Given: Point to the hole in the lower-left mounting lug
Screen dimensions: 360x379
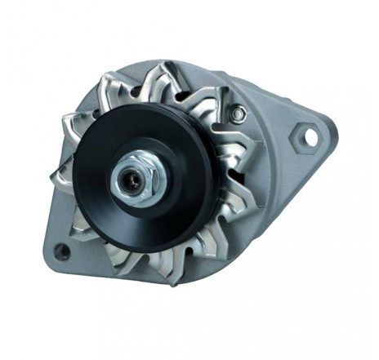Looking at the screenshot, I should pyautogui.click(x=62, y=252).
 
